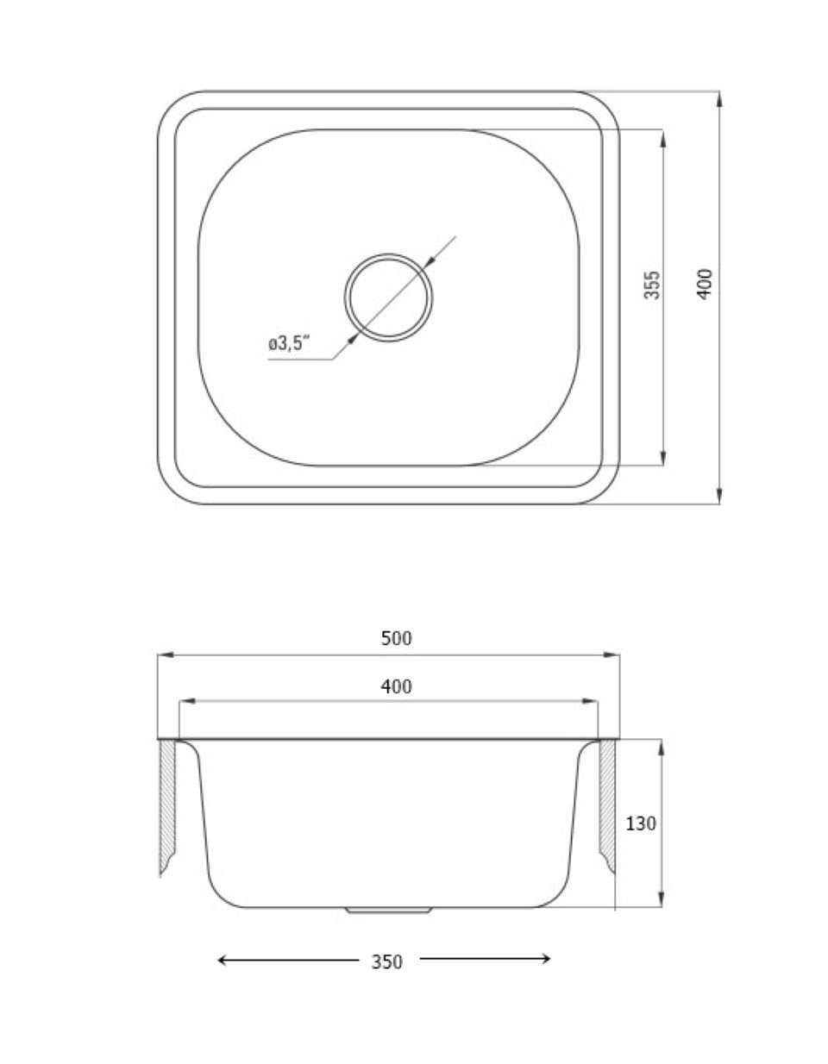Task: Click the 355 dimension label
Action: (x=653, y=285)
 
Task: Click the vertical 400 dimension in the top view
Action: (x=706, y=284)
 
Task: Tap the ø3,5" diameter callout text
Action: (x=287, y=345)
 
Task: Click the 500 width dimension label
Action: (x=397, y=639)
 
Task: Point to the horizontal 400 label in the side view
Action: (x=396, y=687)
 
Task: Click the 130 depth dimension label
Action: (x=641, y=823)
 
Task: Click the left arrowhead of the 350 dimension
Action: (x=222, y=960)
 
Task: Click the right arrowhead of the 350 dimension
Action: (x=546, y=958)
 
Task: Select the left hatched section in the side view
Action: (x=167, y=806)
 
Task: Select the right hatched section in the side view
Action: (x=606, y=806)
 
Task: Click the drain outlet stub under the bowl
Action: (x=388, y=910)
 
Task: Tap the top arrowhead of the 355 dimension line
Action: (x=662, y=136)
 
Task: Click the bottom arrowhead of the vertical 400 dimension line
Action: (x=718, y=498)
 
